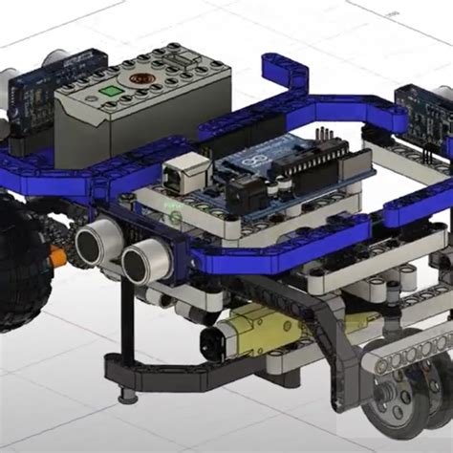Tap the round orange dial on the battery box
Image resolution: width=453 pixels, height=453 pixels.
(137, 75)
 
